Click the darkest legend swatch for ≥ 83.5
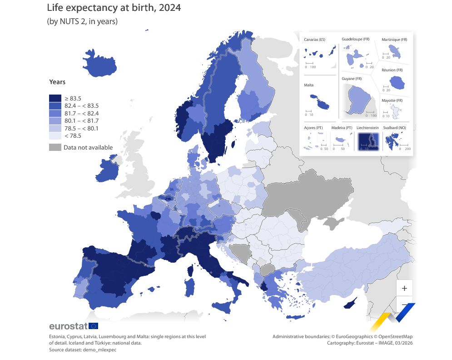coord(55,98)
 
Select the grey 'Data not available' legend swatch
coord(55,147)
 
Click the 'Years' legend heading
coord(57,82)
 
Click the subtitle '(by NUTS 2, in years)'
coord(82,21)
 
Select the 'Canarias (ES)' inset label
coord(314,40)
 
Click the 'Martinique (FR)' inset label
coord(394,40)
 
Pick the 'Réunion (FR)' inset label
coord(392,70)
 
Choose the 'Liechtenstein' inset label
coord(368,128)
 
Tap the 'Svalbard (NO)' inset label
coord(394,128)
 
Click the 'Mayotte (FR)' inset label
coord(392,100)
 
